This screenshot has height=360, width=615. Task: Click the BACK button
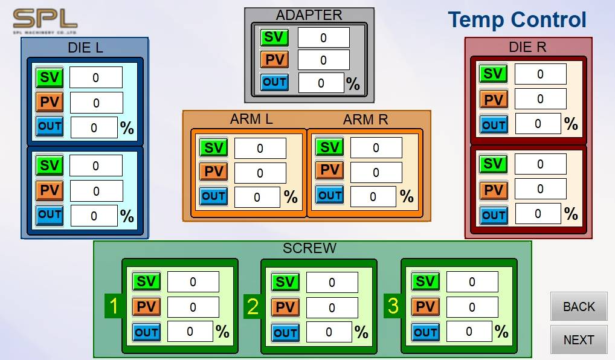click(x=579, y=306)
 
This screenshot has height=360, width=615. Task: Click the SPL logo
click(x=45, y=22)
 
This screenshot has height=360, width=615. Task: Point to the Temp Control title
click(x=517, y=19)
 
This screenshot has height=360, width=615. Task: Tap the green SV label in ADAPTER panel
click(x=274, y=37)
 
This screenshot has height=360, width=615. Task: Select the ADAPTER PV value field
click(x=324, y=60)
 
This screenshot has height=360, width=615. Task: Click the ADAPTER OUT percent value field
click(x=321, y=83)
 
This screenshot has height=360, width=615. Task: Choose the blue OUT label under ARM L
click(x=213, y=196)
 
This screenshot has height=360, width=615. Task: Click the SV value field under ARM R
click(x=376, y=147)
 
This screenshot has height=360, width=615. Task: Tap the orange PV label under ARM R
click(x=329, y=170)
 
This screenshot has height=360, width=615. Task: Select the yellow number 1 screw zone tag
click(x=114, y=306)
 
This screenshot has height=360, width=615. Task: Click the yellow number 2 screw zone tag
click(x=253, y=306)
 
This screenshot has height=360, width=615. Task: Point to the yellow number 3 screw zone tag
click(x=393, y=306)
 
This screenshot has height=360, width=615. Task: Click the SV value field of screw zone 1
click(x=193, y=281)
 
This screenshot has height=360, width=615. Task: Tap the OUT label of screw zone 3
click(x=425, y=332)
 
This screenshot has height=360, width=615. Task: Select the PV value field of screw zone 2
click(x=332, y=307)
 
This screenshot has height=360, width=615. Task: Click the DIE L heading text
click(x=85, y=48)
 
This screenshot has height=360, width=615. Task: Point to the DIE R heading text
click(x=527, y=47)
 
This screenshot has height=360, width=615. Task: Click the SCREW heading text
click(x=309, y=248)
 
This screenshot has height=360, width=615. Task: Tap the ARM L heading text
click(x=251, y=119)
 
